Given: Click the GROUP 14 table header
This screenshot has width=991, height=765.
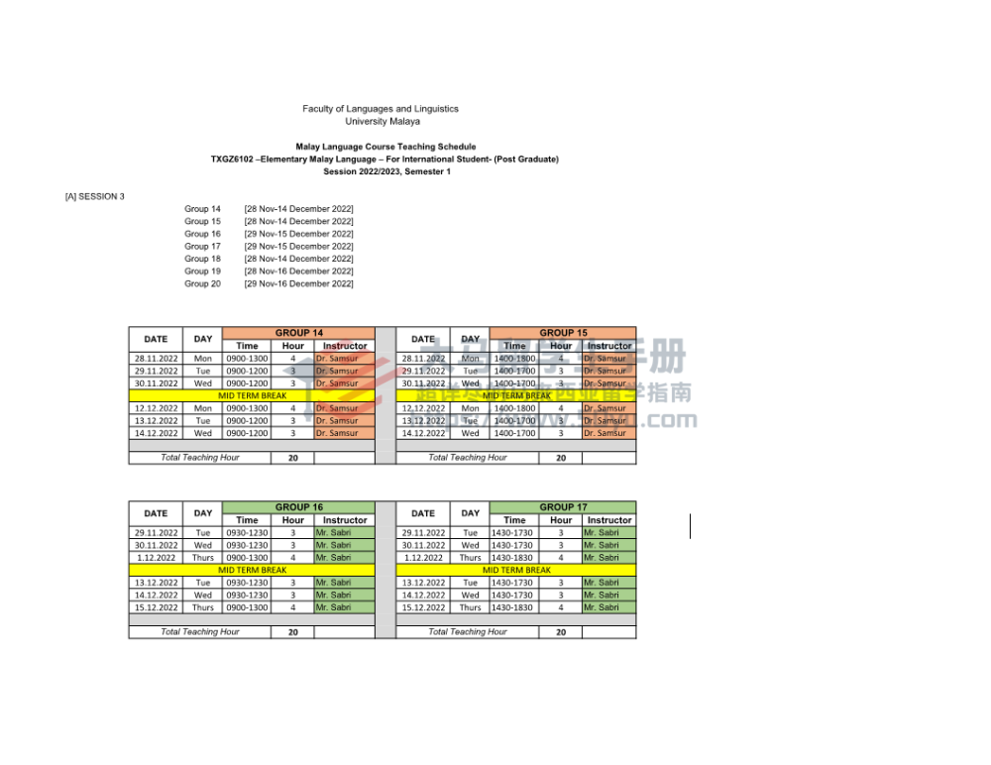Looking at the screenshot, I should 298,333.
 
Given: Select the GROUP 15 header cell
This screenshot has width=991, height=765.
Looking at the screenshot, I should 563,333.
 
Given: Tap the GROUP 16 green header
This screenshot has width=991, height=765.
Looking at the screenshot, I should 298,507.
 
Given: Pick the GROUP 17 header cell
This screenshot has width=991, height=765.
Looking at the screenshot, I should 563,507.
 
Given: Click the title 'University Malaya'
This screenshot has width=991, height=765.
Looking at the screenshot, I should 383,122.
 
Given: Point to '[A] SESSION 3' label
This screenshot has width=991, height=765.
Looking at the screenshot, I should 95,196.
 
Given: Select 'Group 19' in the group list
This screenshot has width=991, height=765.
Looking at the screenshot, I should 202,272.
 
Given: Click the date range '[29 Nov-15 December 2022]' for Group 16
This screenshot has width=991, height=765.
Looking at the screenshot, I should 298,234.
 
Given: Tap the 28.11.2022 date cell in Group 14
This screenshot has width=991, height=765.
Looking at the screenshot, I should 156,359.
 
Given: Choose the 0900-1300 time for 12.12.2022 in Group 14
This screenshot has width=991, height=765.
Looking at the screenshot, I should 247,408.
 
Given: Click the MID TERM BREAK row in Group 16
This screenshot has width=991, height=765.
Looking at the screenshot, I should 252,570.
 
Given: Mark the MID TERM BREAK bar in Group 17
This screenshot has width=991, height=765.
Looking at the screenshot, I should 516,570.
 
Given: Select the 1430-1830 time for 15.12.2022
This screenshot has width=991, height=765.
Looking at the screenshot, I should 512,607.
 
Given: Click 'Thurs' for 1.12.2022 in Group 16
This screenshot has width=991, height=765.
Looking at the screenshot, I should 203,558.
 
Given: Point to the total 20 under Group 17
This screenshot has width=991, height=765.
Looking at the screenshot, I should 561,632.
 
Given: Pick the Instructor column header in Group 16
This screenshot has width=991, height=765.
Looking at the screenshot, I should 345,520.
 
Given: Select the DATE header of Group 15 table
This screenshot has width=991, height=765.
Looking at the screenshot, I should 423,339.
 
